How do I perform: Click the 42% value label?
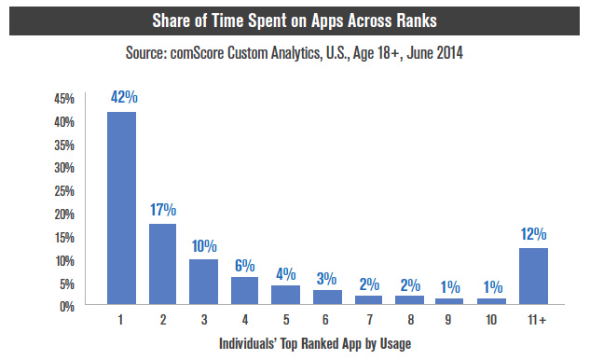coord(122,96)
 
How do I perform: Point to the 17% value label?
coord(164,210)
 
